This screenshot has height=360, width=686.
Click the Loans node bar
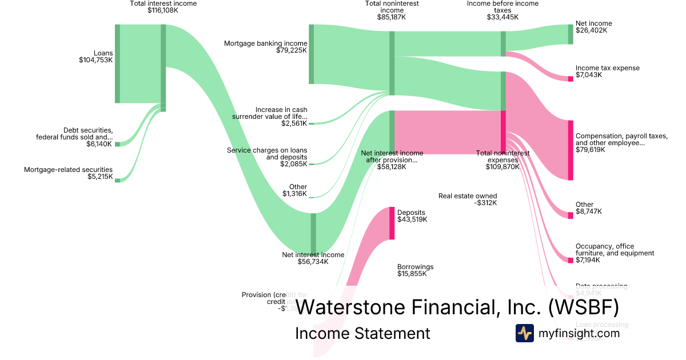click(x=117, y=63)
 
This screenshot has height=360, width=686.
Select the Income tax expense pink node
click(x=570, y=79)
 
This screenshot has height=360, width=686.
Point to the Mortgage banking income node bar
click(x=312, y=54)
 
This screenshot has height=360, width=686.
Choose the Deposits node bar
click(x=392, y=223)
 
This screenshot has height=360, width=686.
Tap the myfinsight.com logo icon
click(x=524, y=333)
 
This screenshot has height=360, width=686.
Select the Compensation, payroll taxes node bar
click(x=570, y=150)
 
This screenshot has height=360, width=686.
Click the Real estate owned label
click(x=468, y=195)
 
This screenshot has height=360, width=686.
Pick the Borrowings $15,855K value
click(x=412, y=274)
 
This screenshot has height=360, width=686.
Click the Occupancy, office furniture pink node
click(x=570, y=261)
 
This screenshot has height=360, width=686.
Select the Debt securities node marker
click(x=117, y=144)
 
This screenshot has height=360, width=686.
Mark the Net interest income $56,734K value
click(x=313, y=262)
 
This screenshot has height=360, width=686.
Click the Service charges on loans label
click(x=267, y=150)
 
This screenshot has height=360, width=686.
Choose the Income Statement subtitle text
click(x=362, y=333)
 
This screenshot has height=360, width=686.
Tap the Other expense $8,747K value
click(x=589, y=211)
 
